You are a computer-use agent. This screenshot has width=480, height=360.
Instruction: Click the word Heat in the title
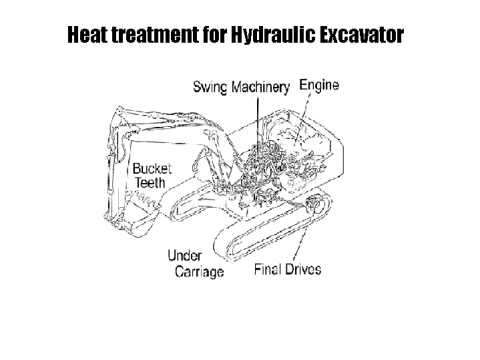pyautogui.click(x=87, y=34)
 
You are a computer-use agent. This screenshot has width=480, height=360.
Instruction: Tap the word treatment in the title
pyautogui.click(x=155, y=34)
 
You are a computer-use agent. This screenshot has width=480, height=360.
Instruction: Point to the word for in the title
pyautogui.click(x=214, y=34)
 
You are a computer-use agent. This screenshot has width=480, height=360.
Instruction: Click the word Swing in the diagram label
pyautogui.click(x=210, y=87)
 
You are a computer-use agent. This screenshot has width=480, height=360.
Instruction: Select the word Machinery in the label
pyautogui.click(x=260, y=87)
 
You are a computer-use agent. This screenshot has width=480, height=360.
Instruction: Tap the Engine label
pyautogui.click(x=319, y=85)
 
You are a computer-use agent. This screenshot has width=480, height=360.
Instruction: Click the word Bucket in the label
pyautogui.click(x=152, y=168)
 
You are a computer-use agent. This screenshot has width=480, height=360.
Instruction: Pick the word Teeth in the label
pyautogui.click(x=150, y=182)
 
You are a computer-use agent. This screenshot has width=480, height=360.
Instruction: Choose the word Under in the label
pyautogui.click(x=185, y=255)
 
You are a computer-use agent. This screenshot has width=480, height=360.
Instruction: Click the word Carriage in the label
pyautogui.click(x=200, y=272)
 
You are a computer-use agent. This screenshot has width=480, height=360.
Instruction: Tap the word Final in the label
pyautogui.click(x=268, y=269)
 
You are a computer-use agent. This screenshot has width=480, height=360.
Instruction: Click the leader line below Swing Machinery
pyautogui.click(x=258, y=126)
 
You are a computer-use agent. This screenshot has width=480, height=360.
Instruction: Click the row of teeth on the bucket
pyautogui.click(x=145, y=198)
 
